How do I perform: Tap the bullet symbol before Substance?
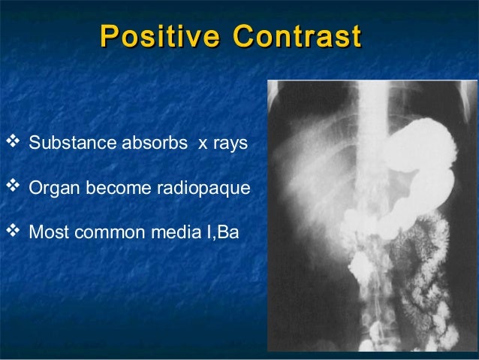(x=11, y=142)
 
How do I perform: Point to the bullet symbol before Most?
(x=11, y=232)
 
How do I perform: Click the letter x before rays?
(x=202, y=144)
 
